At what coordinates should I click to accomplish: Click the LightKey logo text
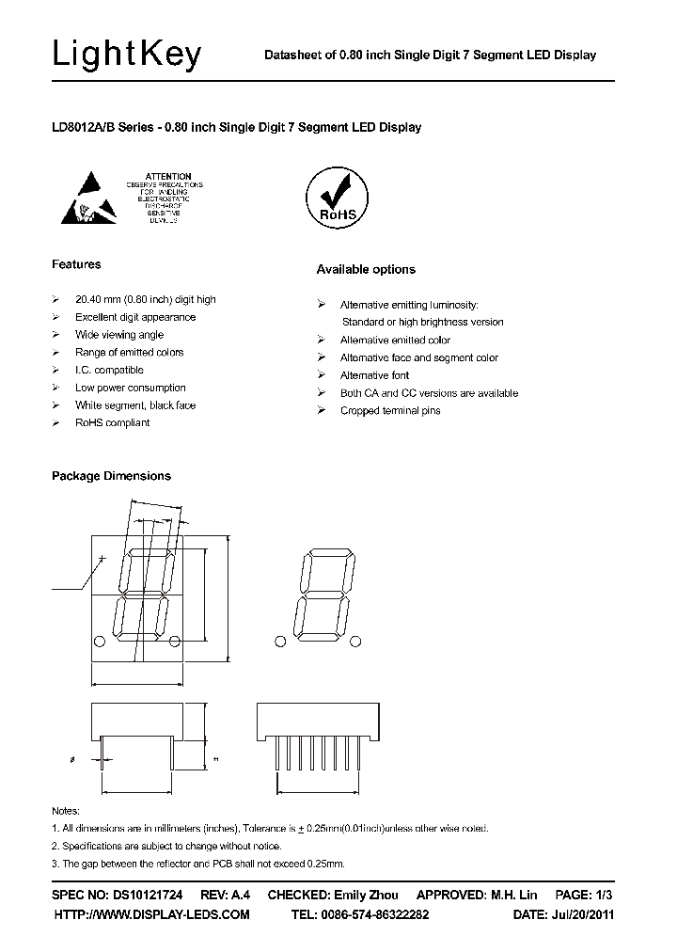point(127,56)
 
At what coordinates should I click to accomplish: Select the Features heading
point(76,264)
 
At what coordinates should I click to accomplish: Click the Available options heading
point(366,270)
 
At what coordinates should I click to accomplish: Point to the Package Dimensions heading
point(111,476)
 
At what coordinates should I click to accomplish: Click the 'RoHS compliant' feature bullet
point(113,423)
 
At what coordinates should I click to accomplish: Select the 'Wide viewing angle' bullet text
point(119,335)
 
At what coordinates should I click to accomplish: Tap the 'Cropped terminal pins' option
point(390,411)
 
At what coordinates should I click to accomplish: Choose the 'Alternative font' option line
point(374,375)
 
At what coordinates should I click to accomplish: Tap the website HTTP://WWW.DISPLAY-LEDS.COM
point(152,914)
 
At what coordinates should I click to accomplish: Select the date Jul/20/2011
point(581,914)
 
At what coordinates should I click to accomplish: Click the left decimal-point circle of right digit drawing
point(279,642)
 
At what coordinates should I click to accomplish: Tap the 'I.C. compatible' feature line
point(109,371)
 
